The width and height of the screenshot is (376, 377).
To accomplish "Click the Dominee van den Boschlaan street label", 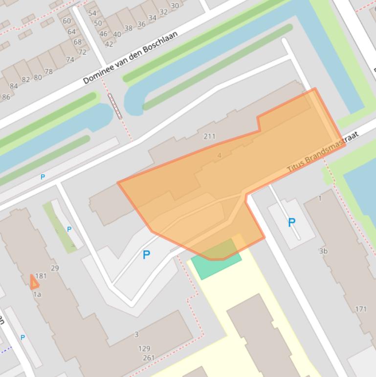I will [x=130, y=58].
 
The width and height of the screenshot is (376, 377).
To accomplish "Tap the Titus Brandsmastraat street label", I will [x=323, y=152].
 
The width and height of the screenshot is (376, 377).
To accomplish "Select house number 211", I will [x=209, y=136].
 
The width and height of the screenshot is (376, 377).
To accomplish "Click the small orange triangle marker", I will [x=34, y=283].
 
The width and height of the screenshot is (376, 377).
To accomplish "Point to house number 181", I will [x=41, y=276].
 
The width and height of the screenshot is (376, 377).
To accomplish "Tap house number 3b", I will [x=323, y=251].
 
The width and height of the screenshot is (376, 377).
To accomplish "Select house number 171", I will [x=361, y=309].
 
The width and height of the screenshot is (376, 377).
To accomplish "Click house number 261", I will [x=149, y=358].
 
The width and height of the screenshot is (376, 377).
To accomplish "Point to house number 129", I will [x=144, y=349].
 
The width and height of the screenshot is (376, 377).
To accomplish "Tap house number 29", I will [x=55, y=268].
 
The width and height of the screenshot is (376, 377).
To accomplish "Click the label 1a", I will [x=37, y=294].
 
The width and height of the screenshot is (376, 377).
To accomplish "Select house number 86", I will [x=6, y=97].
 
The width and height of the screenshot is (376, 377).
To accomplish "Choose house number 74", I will [x=70, y=59].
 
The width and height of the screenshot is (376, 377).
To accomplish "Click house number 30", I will [x=175, y=6].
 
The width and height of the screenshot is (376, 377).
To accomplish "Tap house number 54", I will [x=92, y=13].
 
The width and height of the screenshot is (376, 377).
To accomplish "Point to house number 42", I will [x=109, y=44].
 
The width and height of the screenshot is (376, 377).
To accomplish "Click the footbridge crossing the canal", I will [x=115, y=106].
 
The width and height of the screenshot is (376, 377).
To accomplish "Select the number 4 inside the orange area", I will [x=219, y=156].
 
